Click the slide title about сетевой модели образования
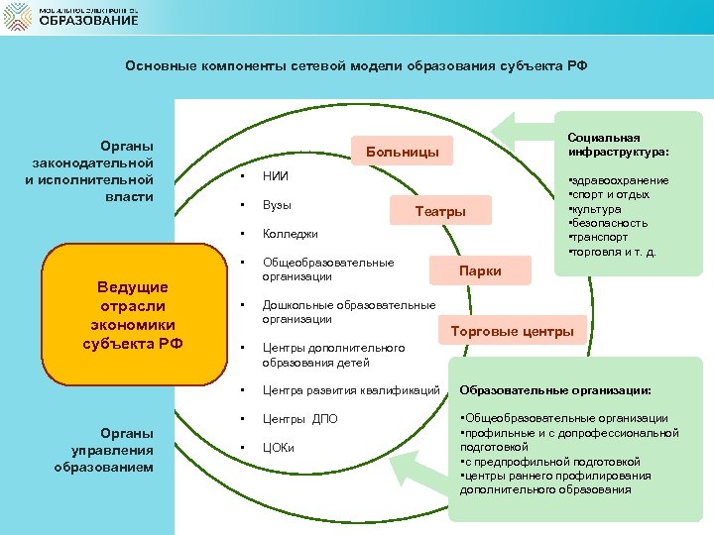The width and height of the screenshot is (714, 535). (356, 66)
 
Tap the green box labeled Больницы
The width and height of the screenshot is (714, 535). (402, 153)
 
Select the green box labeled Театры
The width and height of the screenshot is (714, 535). (440, 212)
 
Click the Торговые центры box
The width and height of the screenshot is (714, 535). (512, 331)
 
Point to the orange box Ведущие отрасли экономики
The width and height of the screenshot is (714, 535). (133, 315)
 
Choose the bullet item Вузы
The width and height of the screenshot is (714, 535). (277, 205)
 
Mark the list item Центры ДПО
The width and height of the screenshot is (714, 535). (299, 418)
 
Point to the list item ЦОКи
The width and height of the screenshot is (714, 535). (279, 447)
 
